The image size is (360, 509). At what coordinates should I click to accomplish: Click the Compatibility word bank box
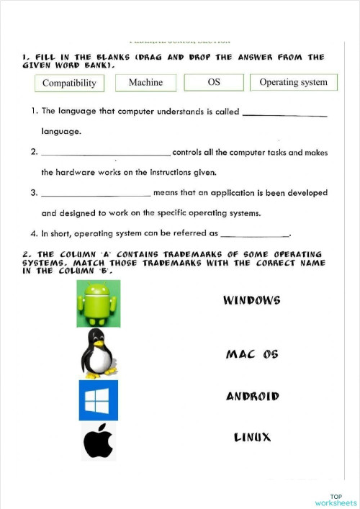(69, 84)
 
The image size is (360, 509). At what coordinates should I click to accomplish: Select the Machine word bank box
(145, 83)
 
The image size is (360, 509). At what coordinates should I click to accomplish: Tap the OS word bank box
(214, 83)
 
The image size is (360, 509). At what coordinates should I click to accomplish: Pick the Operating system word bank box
(293, 83)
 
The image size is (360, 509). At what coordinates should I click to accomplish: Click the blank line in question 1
(285, 115)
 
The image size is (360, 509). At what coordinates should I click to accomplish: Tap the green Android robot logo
(99, 304)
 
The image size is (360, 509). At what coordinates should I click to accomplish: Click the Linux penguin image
(99, 352)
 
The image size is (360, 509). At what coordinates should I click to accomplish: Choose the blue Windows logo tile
(99, 400)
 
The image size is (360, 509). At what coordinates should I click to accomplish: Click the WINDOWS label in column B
(252, 299)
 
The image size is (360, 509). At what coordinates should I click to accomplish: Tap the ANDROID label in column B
(252, 397)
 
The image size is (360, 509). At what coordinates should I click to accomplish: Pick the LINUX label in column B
(252, 437)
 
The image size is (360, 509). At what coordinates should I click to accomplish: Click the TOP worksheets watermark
(336, 500)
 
